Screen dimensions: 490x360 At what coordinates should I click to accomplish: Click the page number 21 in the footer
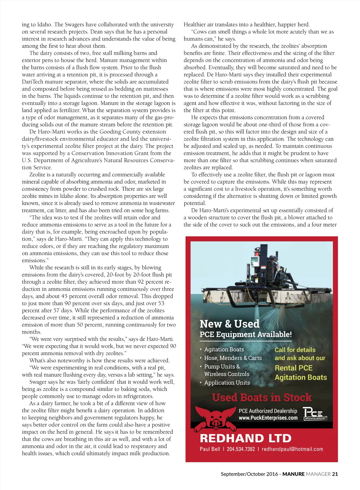(335, 474)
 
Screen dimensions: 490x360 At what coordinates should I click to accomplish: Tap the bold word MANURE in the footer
(294, 474)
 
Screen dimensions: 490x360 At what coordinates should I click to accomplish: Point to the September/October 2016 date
(249, 474)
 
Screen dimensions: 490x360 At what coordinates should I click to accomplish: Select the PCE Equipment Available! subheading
(246, 334)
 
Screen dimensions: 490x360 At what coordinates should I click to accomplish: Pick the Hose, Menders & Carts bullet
(233, 358)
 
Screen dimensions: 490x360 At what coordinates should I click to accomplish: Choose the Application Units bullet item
(227, 382)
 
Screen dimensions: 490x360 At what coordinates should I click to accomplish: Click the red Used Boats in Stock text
(262, 397)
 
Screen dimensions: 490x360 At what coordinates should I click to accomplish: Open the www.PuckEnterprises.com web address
(268, 418)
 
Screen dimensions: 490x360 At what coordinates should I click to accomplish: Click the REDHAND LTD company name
(245, 438)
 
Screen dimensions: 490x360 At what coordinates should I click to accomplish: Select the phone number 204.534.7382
(241, 449)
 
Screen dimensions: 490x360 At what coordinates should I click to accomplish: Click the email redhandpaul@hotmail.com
(292, 449)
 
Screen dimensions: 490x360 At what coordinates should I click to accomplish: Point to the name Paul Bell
(210, 449)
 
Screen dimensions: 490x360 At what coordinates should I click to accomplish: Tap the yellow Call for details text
(295, 350)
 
